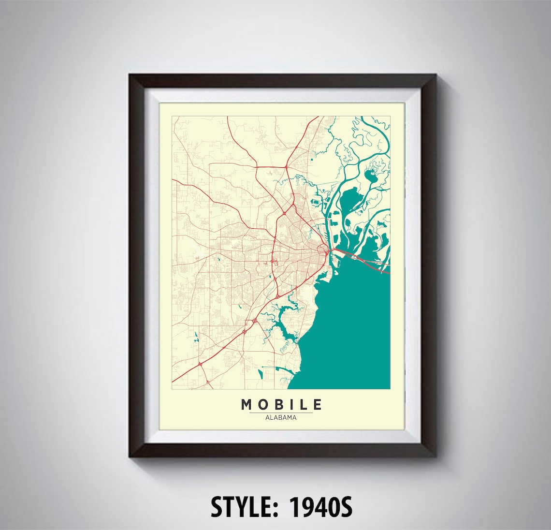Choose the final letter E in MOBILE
pos(317,404)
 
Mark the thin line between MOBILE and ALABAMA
pos(281,412)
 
